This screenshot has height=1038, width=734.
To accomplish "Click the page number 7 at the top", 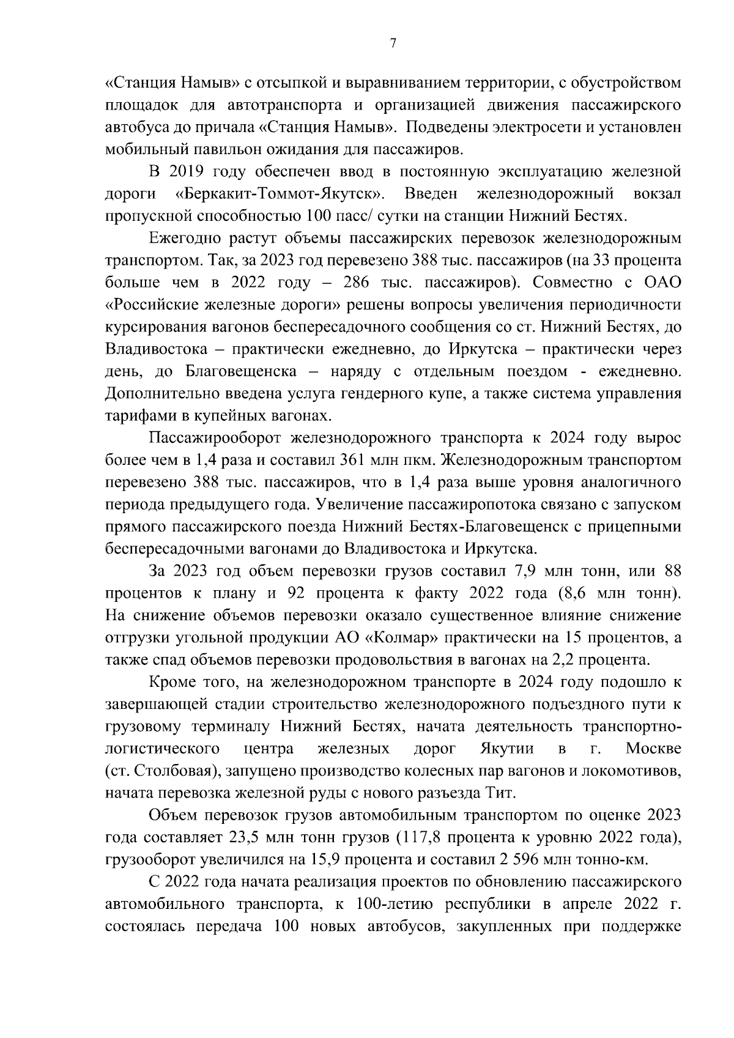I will point(392,43).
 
